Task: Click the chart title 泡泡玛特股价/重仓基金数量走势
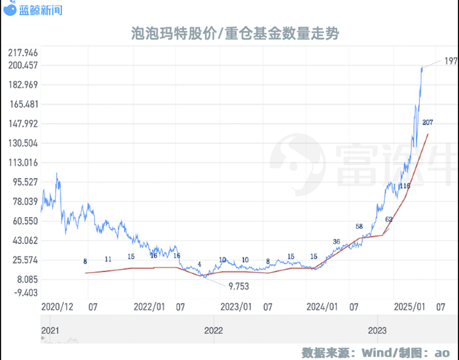click(235, 34)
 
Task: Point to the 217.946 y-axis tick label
click(23, 53)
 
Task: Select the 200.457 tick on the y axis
click(23, 65)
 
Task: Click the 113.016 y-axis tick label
click(23, 162)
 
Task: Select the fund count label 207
click(427, 122)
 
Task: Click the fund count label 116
click(404, 186)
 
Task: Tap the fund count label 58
click(359, 226)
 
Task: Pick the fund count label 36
click(336, 242)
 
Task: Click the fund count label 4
click(199, 264)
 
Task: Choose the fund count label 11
click(108, 260)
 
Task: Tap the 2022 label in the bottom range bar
click(213, 330)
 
